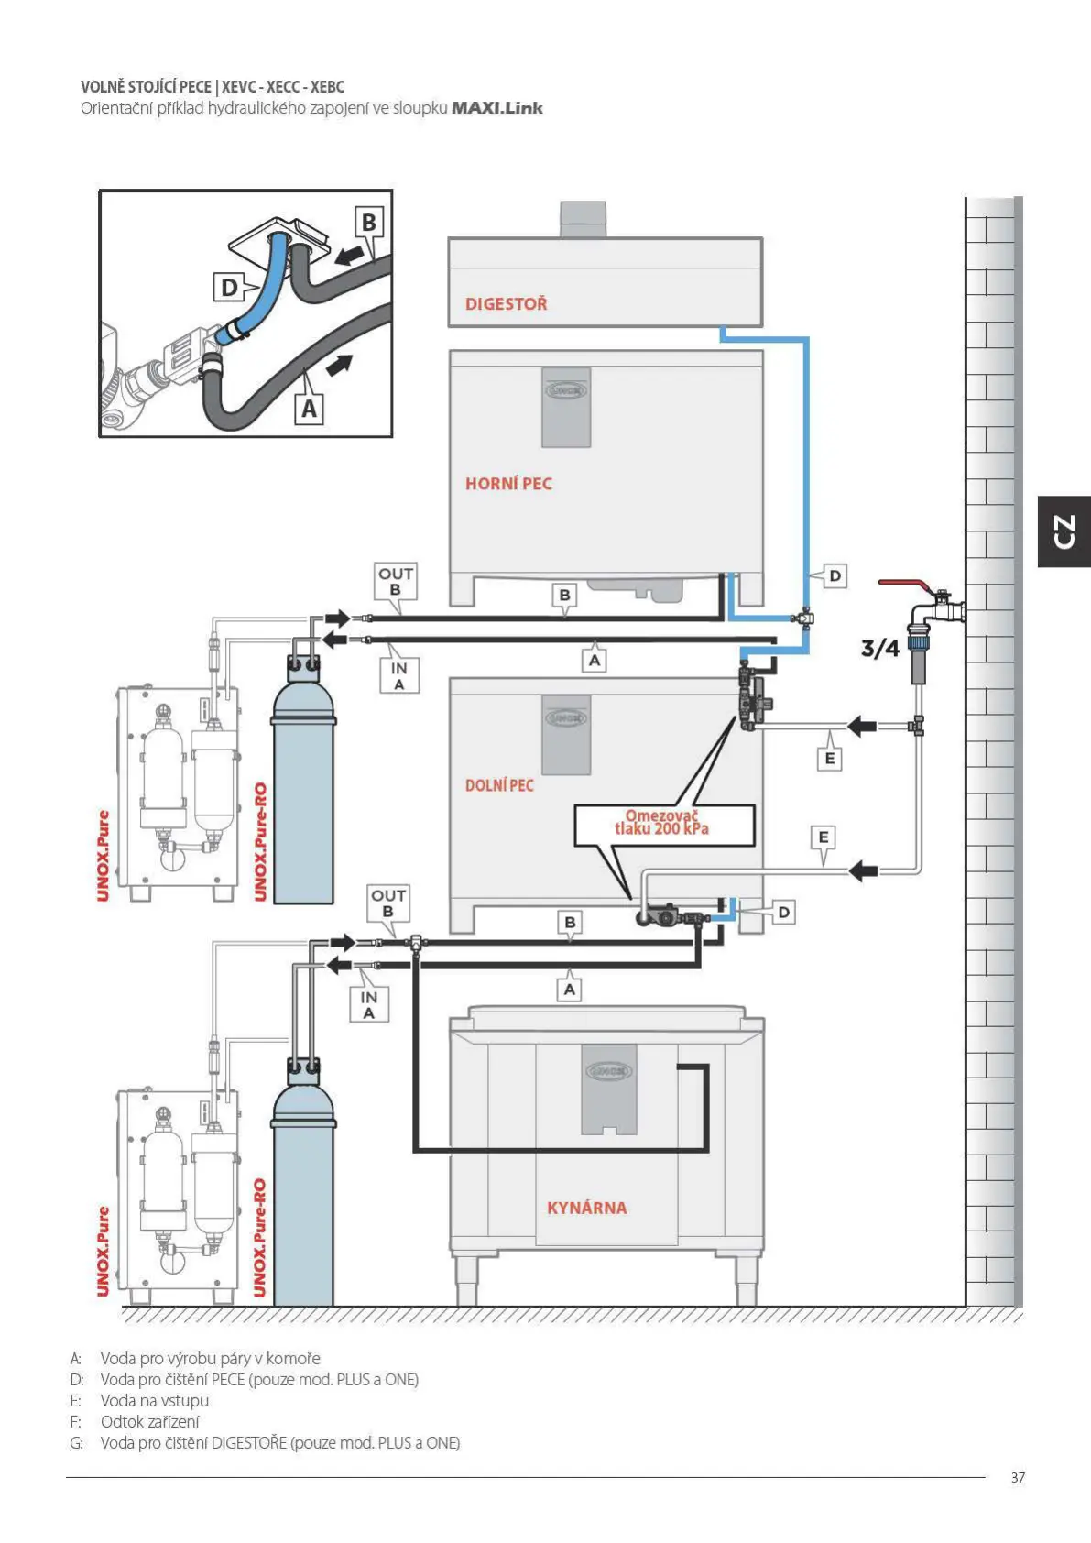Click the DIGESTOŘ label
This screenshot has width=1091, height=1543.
(506, 304)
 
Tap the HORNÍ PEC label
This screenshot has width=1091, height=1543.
(508, 484)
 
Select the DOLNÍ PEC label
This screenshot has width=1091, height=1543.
(499, 785)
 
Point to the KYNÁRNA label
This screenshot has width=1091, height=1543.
(586, 1208)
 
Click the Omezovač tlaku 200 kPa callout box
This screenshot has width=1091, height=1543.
(664, 824)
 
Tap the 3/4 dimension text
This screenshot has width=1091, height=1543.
(879, 649)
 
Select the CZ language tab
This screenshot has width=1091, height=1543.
(1064, 531)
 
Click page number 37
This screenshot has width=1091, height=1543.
(1018, 1477)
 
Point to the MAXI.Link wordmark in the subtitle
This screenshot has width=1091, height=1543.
(496, 108)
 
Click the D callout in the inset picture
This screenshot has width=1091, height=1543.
(229, 288)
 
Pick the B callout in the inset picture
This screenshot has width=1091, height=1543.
(368, 223)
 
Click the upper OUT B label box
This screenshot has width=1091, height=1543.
(396, 581)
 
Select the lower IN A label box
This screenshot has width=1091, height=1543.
(368, 1004)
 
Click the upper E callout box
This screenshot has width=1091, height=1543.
(829, 758)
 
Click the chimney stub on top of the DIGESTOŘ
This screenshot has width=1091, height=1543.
(583, 219)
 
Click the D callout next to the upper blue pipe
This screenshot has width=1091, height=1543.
(835, 576)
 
